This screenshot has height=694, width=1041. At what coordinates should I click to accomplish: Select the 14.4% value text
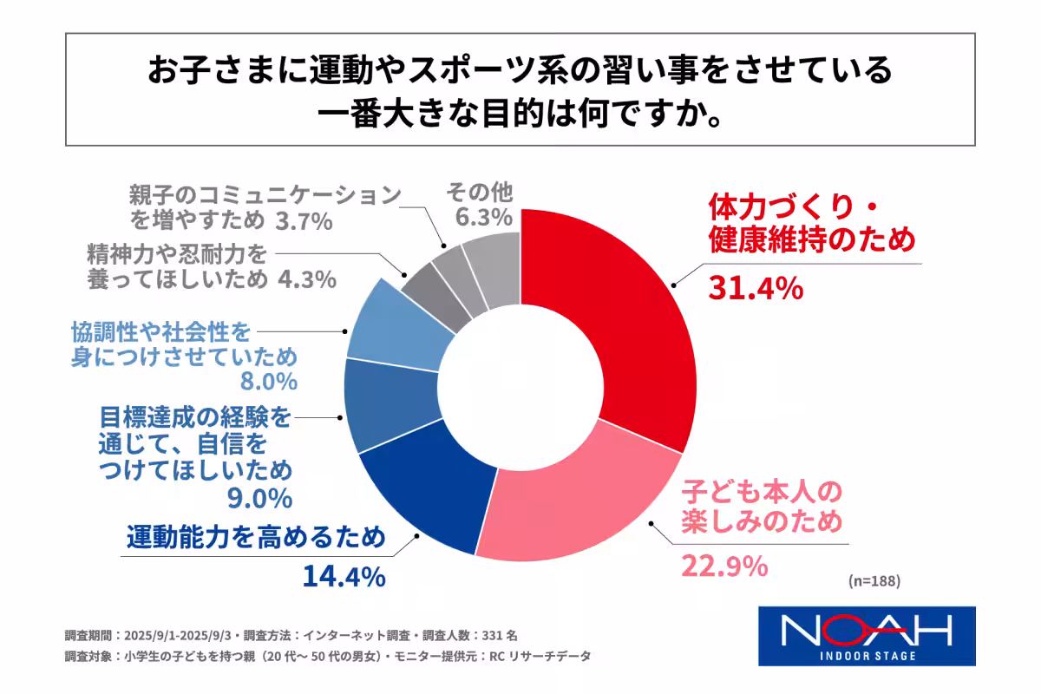(x=344, y=576)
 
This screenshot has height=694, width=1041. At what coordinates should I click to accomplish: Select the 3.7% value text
(x=304, y=222)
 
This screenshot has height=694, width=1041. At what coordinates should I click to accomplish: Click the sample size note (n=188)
(x=871, y=581)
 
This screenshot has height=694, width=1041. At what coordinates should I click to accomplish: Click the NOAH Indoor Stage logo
(x=867, y=635)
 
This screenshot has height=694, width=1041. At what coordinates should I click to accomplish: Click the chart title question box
(x=520, y=90)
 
